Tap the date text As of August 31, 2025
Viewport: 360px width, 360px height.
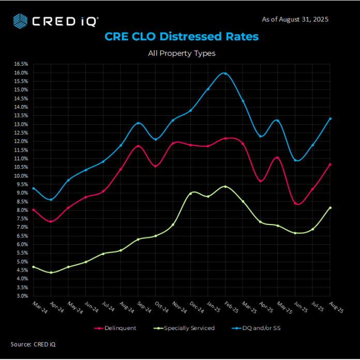pos(295,19)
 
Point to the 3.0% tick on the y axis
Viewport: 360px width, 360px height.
pos(21,296)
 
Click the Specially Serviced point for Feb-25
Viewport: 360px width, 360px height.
pos(225,186)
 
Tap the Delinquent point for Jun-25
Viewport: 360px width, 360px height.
pos(295,203)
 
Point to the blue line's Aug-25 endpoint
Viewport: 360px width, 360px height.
pos(330,118)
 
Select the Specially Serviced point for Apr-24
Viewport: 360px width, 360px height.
pos(51,272)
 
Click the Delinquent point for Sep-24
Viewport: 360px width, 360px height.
pos(138,146)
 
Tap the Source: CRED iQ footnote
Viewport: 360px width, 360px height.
pos(33,344)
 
